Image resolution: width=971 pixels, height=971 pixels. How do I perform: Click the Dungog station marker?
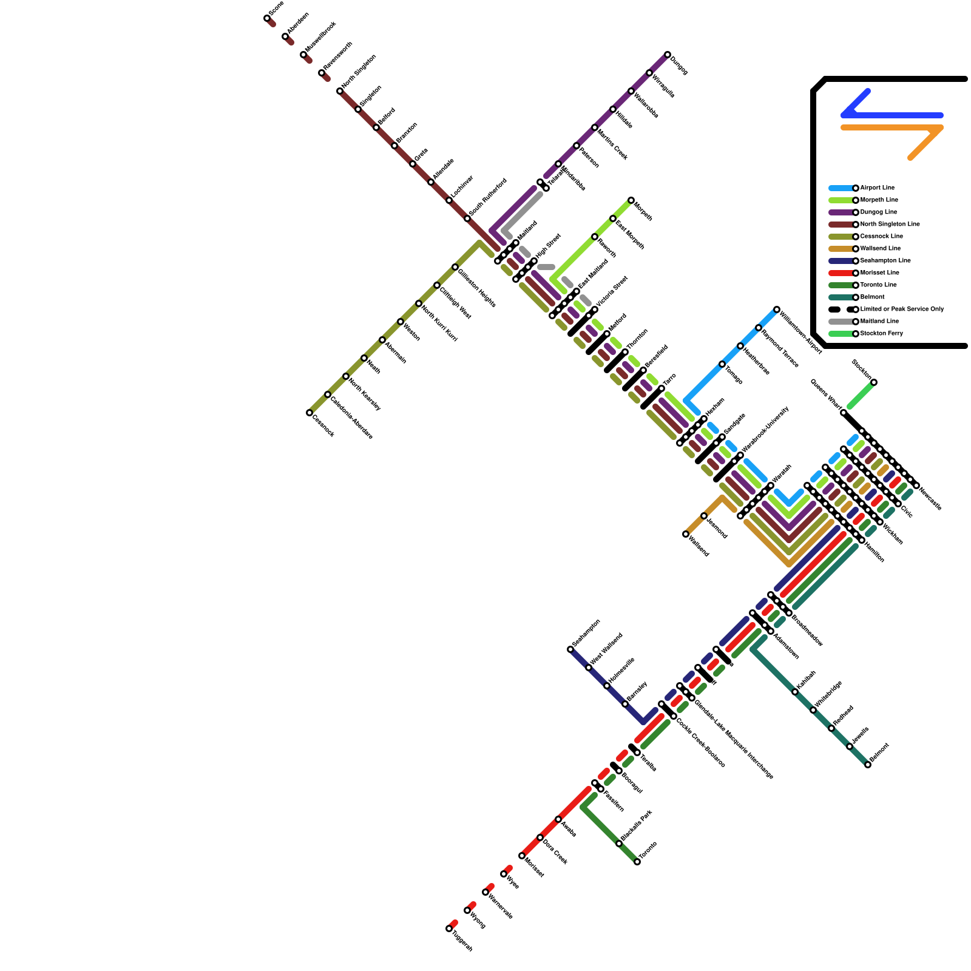668,55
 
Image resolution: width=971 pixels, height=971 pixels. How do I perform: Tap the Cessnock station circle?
310,413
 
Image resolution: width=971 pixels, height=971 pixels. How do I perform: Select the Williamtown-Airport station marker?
777,310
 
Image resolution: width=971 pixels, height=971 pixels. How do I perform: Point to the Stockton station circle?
874,382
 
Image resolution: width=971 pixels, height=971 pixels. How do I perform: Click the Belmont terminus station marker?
868,765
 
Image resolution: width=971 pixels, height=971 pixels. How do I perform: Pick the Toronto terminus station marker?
637,862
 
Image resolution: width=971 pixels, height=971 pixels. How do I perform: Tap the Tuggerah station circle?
449,929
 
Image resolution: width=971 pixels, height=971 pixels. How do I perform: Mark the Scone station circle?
267,18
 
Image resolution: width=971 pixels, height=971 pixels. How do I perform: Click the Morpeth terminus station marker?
631,200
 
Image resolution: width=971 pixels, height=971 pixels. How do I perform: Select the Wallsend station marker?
686,534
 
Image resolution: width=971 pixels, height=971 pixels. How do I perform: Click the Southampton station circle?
570,649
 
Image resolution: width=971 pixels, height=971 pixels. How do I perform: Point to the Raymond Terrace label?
780,350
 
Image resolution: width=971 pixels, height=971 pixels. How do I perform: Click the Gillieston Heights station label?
477,288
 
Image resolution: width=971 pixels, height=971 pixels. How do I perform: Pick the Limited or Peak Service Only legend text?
902,310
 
